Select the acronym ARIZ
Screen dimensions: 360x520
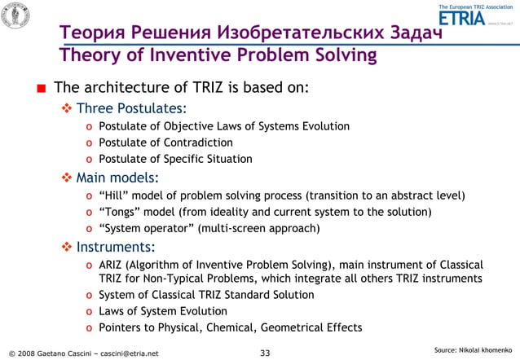112,265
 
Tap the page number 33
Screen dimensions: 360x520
264,353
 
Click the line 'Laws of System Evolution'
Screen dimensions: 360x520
163,311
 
